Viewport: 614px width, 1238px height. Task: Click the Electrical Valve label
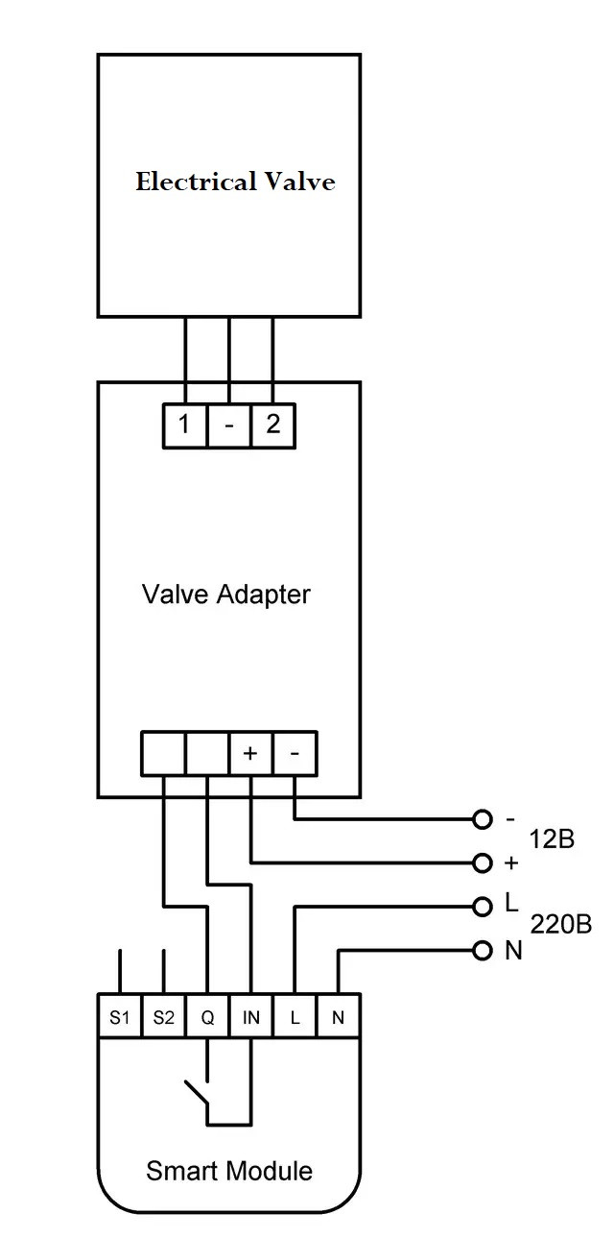pos(235,182)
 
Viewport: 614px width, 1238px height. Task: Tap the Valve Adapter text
pos(226,594)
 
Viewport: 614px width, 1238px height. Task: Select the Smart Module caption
pos(229,1171)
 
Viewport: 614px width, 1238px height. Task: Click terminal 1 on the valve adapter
pos(184,425)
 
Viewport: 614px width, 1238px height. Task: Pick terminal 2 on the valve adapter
pos(273,425)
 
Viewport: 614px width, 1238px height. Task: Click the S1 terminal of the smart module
pos(119,1017)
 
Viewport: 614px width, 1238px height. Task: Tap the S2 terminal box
pos(163,1017)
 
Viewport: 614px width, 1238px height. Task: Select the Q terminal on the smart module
pos(207,1017)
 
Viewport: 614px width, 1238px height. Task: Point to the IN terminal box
pos(250,1017)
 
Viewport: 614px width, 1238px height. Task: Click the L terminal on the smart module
pos(295,1017)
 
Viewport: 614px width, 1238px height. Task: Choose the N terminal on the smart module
pos(338,1017)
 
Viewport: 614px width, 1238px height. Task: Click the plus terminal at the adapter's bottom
pos(250,754)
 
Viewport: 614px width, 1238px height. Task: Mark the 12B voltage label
pos(551,838)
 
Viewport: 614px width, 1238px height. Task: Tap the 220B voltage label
pos(560,925)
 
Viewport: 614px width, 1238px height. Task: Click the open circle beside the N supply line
pos(483,951)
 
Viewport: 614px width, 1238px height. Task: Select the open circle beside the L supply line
pos(483,907)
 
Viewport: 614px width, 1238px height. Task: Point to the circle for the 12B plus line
pos(483,862)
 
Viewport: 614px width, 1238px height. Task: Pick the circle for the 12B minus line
pos(483,819)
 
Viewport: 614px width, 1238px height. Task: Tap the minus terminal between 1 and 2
pos(228,425)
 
